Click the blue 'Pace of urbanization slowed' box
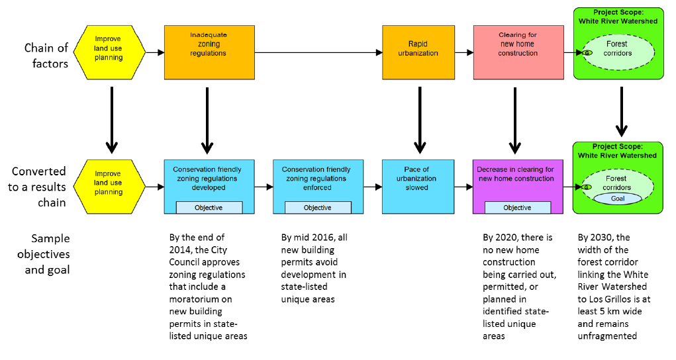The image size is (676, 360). [418, 179]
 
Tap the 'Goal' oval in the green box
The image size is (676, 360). [617, 199]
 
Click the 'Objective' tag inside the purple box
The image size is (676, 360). [517, 208]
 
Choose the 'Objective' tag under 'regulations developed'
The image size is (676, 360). [209, 208]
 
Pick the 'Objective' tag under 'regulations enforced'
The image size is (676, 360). [317, 208]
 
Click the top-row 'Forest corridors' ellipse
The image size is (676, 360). [618, 49]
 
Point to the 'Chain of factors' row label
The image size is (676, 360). [46, 56]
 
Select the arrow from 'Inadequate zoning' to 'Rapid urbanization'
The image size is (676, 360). [318, 52]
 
